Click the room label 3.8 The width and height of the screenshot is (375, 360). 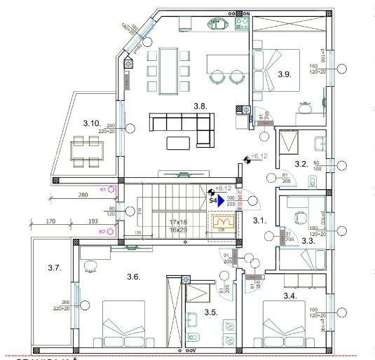tap(200, 106)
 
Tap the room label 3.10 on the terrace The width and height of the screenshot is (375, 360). tap(91, 123)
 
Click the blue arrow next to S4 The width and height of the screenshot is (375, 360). tap(220, 200)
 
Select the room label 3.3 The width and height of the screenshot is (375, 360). tap(308, 240)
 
